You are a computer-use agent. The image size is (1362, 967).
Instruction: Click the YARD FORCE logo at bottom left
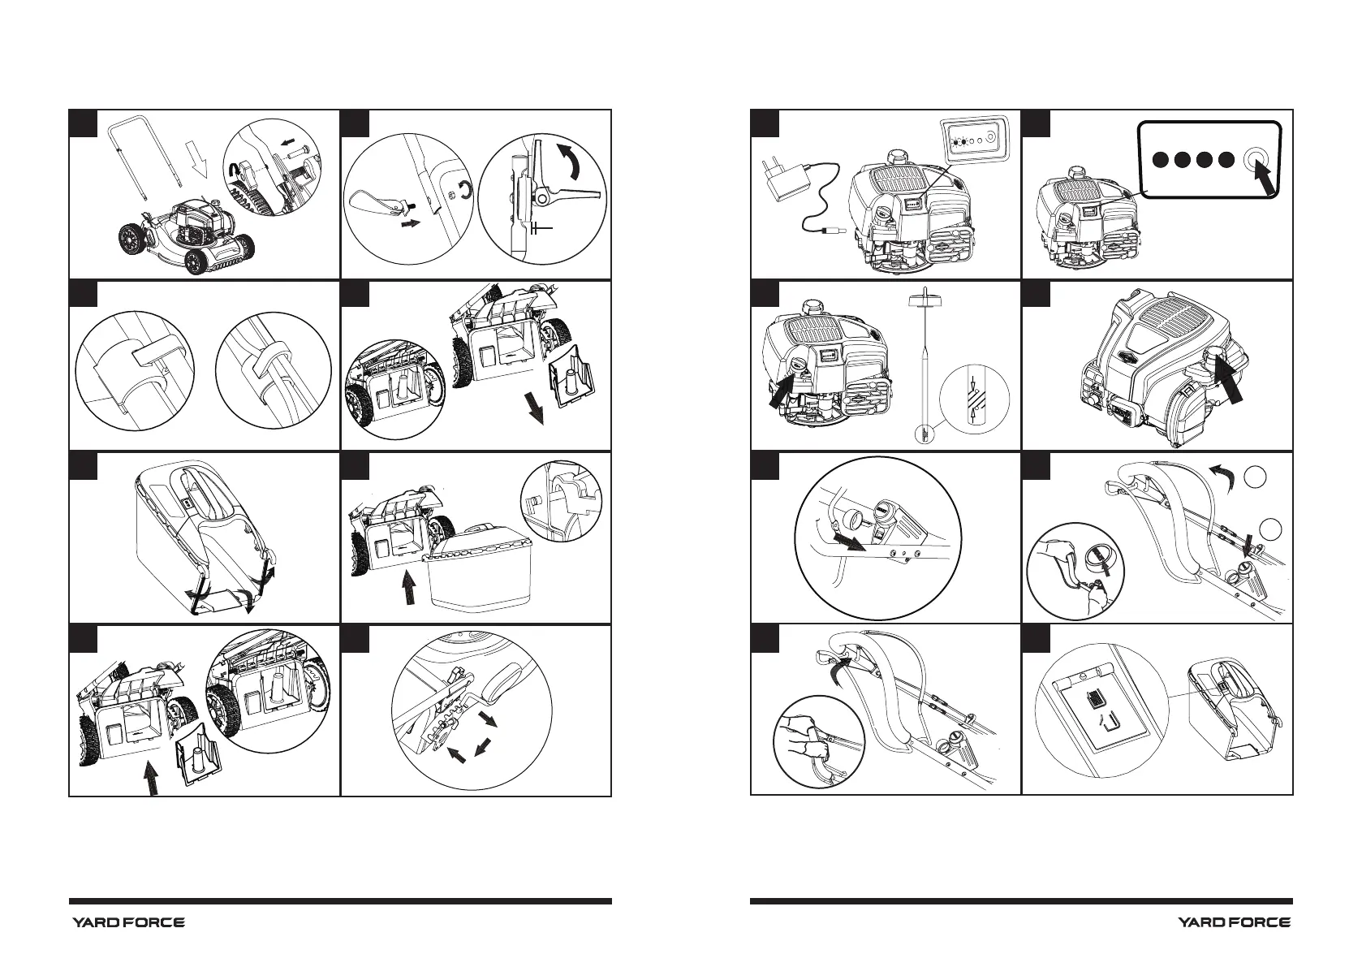click(128, 922)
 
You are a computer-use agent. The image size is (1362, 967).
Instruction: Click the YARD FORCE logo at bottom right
click(1235, 922)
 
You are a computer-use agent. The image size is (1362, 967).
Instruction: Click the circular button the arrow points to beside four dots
click(1254, 159)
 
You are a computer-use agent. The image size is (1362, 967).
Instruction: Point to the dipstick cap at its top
click(925, 300)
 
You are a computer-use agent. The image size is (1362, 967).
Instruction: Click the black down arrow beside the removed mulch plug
click(536, 408)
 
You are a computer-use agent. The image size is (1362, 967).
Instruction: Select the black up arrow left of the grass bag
click(409, 588)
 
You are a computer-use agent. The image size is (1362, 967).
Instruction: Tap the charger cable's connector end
click(830, 231)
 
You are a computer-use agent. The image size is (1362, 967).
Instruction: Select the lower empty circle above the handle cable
click(1270, 529)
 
